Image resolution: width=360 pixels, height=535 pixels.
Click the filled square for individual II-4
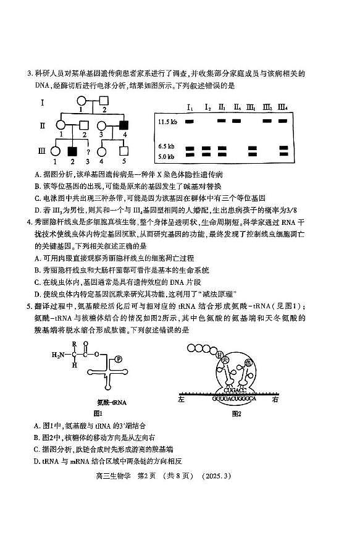tap(123, 125)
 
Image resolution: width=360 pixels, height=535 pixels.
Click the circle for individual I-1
tap(80, 101)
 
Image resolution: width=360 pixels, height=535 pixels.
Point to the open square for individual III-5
tap(123, 151)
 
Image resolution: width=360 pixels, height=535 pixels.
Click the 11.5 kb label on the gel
tap(167, 122)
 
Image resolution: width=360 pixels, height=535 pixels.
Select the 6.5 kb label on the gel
tap(167, 146)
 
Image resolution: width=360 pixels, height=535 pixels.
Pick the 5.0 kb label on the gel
tap(167, 156)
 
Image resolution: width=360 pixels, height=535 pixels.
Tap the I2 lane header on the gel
tap(207, 109)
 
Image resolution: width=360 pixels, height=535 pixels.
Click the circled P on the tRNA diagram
tap(119, 358)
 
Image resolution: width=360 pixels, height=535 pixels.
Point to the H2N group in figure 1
tap(59, 355)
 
